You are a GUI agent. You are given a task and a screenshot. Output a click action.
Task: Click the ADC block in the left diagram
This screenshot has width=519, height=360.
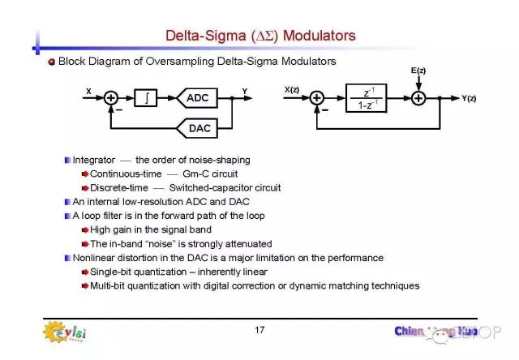click(x=197, y=98)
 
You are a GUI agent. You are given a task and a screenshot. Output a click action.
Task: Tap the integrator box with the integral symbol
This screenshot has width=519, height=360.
click(x=145, y=98)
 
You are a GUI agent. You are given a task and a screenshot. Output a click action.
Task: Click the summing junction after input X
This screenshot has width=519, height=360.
click(x=111, y=98)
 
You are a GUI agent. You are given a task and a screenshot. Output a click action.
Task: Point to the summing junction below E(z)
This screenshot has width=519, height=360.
click(x=418, y=98)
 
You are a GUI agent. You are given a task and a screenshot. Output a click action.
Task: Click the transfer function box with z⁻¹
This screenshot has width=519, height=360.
click(x=367, y=98)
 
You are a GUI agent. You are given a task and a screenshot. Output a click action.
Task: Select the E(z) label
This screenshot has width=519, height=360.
click(x=418, y=71)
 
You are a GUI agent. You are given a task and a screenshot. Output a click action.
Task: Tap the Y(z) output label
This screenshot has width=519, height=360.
click(x=470, y=99)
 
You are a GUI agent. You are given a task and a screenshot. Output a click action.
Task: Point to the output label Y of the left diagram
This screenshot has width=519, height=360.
click(x=244, y=91)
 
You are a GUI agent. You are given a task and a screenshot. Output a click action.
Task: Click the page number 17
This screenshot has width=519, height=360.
click(x=259, y=329)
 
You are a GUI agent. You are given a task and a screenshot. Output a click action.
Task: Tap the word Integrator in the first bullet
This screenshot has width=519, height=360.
click(x=94, y=160)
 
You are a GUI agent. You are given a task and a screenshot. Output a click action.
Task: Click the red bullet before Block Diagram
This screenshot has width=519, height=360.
click(x=51, y=62)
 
